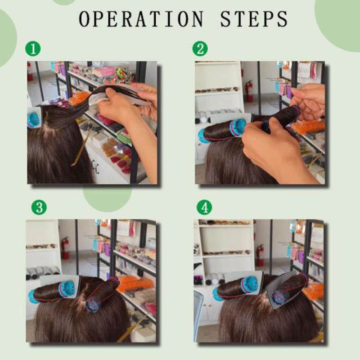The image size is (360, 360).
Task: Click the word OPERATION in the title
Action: point(141,18)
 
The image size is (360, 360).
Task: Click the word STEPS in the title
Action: point(254,18)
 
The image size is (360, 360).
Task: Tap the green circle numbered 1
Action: point(33,49)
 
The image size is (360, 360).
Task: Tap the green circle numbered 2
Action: point(200,49)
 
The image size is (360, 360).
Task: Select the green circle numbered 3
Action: point(39,207)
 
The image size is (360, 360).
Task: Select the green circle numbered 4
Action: point(204,207)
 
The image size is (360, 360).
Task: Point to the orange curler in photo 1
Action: point(79,98)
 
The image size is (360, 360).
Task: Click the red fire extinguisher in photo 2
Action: point(249,90)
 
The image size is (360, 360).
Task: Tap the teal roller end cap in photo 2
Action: point(238,127)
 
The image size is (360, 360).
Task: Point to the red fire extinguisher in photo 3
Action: point(65,247)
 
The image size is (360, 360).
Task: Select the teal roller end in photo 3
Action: point(67,289)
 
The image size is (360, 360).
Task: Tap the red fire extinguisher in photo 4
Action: point(260,255)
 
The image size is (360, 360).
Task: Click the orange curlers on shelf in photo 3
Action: point(135,283)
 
